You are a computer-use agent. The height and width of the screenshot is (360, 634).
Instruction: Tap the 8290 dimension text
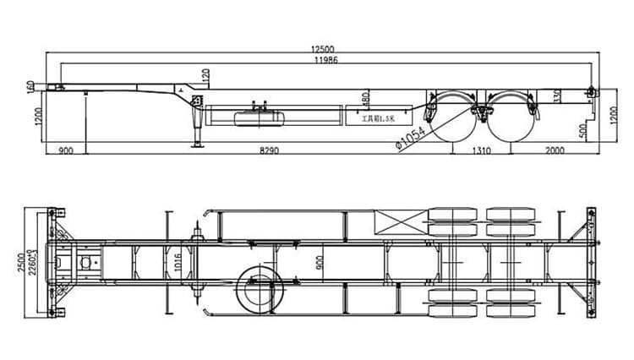[x=268, y=150]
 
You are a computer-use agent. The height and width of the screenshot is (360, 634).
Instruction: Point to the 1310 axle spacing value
[x=482, y=150]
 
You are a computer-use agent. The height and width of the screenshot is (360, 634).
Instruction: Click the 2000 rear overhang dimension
[x=555, y=150]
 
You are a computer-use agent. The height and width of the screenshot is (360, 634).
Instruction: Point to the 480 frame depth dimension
[x=365, y=100]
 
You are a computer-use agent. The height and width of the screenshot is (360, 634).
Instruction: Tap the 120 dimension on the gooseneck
[x=205, y=77]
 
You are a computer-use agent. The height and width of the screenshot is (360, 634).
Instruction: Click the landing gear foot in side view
[x=199, y=145]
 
